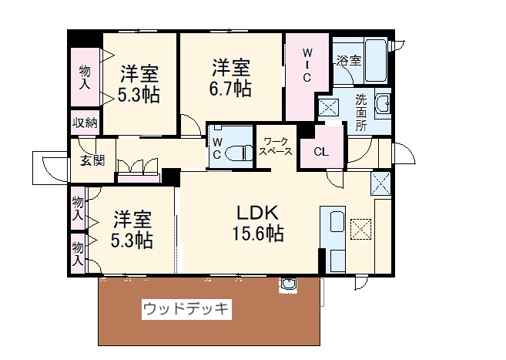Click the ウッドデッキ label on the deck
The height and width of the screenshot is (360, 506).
pyautogui.click(x=186, y=308)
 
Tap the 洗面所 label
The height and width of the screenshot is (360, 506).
pyautogui.click(x=360, y=111)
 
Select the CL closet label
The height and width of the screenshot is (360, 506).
pyautogui.click(x=321, y=152)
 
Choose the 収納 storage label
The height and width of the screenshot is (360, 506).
pyautogui.click(x=85, y=123)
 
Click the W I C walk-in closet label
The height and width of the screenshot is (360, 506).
pyautogui.click(x=306, y=66)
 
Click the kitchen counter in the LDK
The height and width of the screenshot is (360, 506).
pyautogui.click(x=335, y=239)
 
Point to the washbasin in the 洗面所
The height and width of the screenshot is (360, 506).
pyautogui.click(x=382, y=104)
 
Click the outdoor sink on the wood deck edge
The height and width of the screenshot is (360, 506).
pyautogui.click(x=288, y=285)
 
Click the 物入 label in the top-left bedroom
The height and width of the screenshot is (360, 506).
pyautogui.click(x=85, y=77)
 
